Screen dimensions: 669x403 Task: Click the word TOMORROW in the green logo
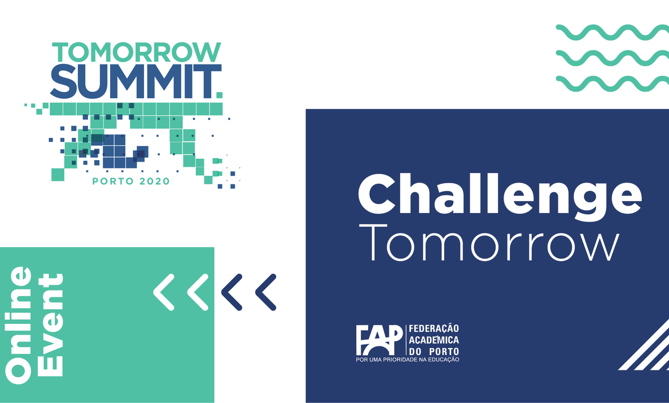[x=137, y=52]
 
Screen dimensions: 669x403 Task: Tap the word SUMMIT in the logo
[x=133, y=81]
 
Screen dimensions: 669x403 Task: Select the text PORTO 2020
[x=131, y=181]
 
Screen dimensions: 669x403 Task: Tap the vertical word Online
[x=19, y=325]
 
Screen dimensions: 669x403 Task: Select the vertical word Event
[x=51, y=325]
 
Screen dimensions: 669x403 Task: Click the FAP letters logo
[x=379, y=340]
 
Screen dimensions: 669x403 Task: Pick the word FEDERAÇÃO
[x=434, y=328]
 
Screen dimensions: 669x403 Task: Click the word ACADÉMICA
[x=434, y=340]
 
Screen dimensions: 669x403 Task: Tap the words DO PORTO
[x=434, y=352]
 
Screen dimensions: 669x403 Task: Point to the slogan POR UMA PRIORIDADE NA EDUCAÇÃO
[x=408, y=360]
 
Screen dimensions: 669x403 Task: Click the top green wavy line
[x=613, y=32]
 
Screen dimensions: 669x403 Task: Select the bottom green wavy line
[x=613, y=83]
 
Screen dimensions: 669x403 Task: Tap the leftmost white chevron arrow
[x=164, y=292]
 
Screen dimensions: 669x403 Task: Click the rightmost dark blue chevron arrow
[x=265, y=292]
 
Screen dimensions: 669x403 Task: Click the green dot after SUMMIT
[x=219, y=95]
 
